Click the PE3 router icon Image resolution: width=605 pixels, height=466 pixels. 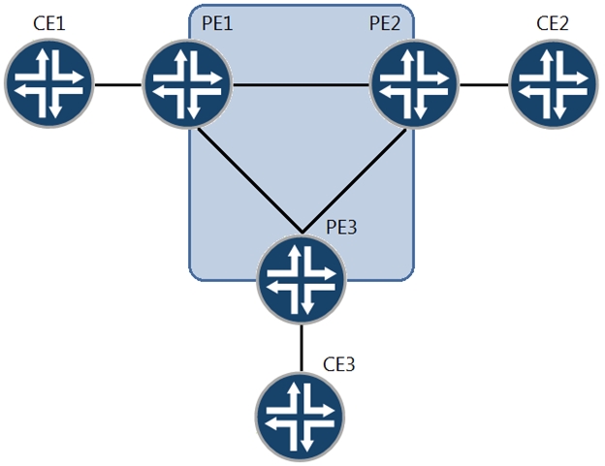click(x=302, y=280)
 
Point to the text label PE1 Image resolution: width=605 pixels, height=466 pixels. click(x=217, y=21)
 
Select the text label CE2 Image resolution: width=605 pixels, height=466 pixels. click(x=555, y=21)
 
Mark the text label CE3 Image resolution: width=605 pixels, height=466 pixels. click(x=338, y=364)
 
